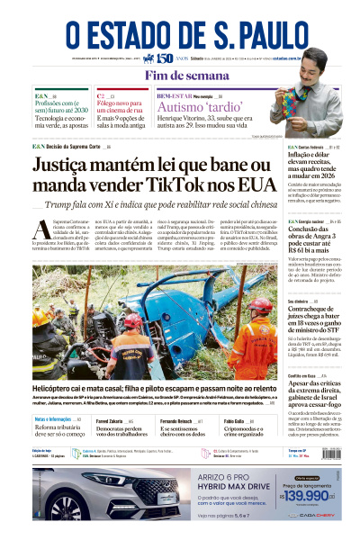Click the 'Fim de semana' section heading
coord(179,75)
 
